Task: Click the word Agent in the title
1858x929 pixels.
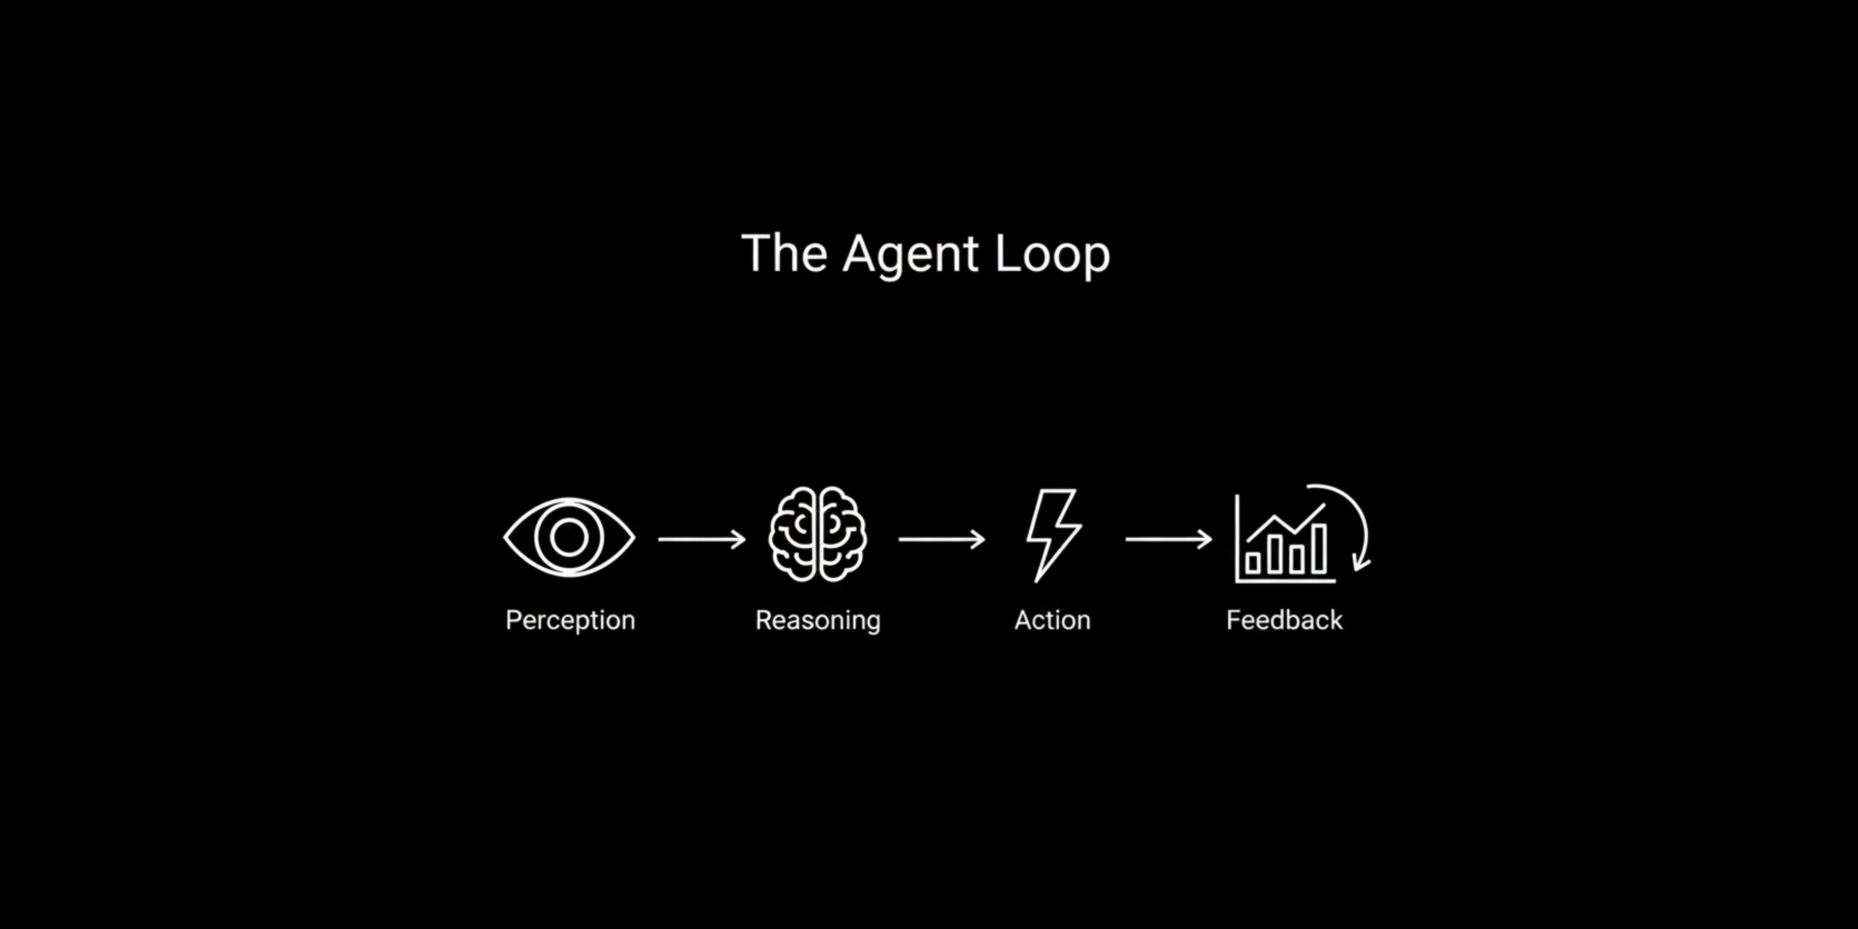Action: [x=910, y=254]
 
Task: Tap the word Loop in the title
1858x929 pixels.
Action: [x=1052, y=254]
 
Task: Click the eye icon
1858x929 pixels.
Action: [x=569, y=537]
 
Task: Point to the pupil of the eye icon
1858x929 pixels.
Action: [x=569, y=537]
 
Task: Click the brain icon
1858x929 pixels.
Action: [x=817, y=534]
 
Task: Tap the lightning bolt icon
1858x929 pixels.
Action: [x=1053, y=534]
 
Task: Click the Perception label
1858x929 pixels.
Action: [x=570, y=620]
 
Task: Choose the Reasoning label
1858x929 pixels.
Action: [x=818, y=620]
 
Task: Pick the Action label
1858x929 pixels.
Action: [x=1052, y=620]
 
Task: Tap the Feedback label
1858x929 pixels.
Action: [x=1284, y=620]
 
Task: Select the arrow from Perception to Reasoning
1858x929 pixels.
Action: [x=701, y=539]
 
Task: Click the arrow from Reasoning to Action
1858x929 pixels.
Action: [x=941, y=539]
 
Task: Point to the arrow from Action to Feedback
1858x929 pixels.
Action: [x=1168, y=539]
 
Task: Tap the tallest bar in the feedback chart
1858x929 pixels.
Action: [x=1318, y=549]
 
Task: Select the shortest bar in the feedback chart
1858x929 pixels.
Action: [x=1253, y=563]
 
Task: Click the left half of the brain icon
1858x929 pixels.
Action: [x=793, y=534]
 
